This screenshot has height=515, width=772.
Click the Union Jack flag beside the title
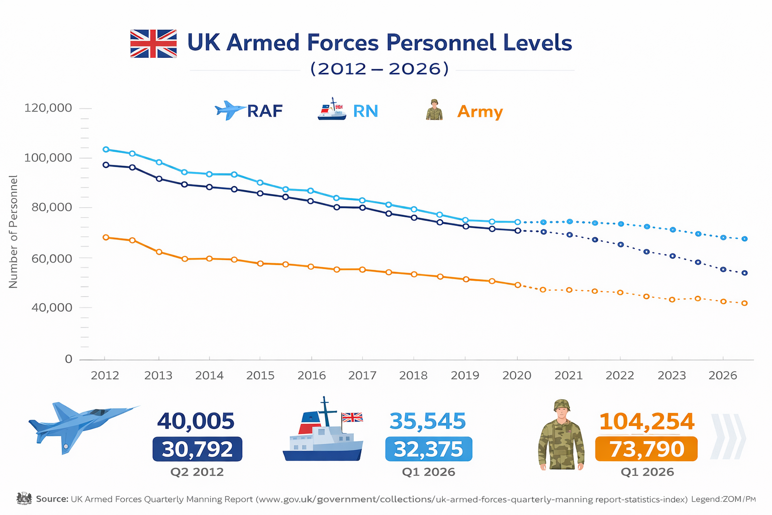pos(153,44)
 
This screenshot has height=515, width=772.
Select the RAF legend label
pos(265,111)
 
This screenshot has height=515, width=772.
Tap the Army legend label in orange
pos(479,112)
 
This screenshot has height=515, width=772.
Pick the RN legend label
pos(365,111)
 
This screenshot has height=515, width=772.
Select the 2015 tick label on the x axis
pos(260,376)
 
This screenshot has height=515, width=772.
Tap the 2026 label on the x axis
pos(722,376)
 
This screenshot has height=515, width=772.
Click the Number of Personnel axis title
pos(14,232)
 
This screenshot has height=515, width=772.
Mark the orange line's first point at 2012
pos(106,237)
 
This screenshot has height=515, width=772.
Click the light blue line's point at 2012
pos(106,149)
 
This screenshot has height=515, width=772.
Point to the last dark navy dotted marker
pos(745,273)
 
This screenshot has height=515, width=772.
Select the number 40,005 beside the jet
pos(196,421)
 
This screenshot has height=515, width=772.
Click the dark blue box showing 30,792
pos(197,449)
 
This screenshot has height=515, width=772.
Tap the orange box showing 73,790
pos(646,449)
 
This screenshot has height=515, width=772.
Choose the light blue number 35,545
pos(428,421)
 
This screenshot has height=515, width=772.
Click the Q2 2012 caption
pos(197,472)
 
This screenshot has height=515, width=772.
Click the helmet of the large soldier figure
pos(561,405)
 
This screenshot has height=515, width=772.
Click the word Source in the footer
pos(52,499)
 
